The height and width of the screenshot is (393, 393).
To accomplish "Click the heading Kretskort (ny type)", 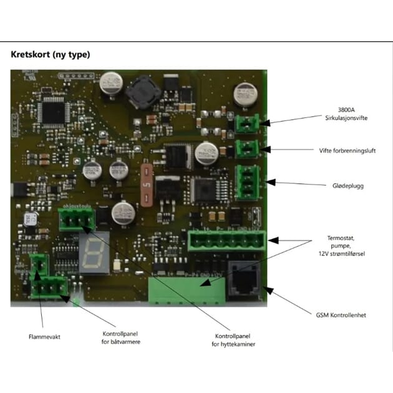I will tap(51, 54).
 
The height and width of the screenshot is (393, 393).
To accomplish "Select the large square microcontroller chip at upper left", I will tap(52, 110).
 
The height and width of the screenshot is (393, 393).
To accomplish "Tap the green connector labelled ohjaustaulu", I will tap(74, 219).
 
